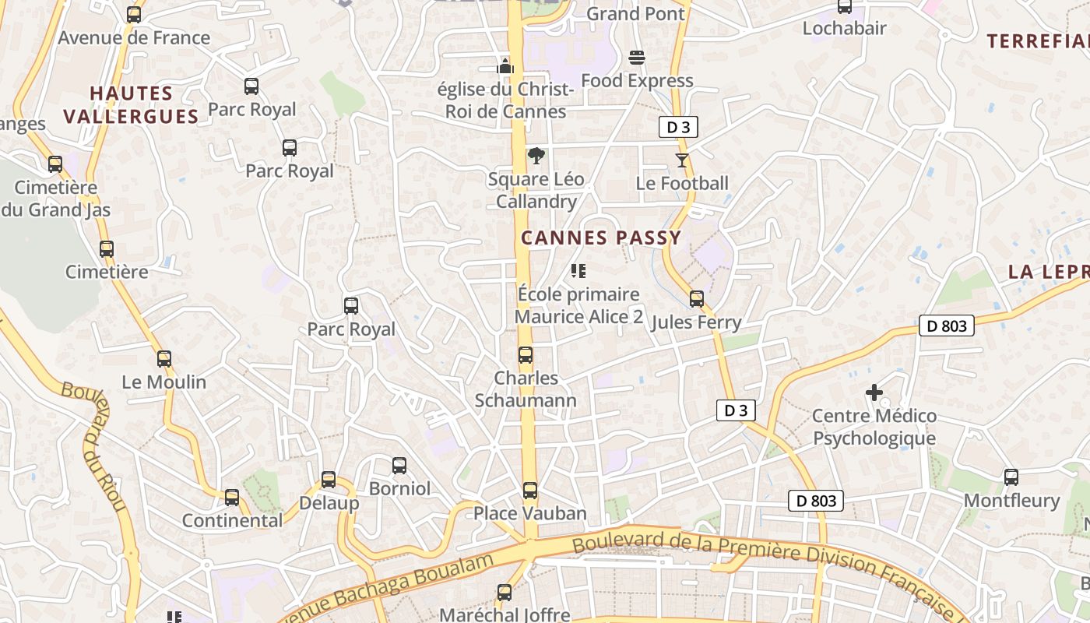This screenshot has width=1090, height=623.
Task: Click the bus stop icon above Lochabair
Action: click(845, 6)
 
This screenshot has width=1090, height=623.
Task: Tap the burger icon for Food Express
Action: click(637, 58)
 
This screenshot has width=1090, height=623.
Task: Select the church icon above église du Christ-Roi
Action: click(506, 66)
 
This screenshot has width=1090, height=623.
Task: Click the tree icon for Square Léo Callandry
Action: click(536, 157)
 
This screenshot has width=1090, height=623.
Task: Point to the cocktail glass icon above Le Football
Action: click(682, 160)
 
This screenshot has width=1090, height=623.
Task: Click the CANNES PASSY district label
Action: click(601, 238)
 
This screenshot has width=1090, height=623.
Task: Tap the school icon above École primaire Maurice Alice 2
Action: click(578, 271)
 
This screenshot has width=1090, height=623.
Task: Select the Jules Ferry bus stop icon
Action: click(697, 299)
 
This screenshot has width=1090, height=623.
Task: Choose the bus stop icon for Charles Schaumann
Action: click(526, 355)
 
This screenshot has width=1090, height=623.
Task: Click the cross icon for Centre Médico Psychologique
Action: click(874, 392)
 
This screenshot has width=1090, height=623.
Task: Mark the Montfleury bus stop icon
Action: click(1011, 477)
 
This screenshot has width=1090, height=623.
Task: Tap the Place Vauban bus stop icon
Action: click(530, 491)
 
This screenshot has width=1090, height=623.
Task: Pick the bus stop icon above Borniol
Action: click(399, 466)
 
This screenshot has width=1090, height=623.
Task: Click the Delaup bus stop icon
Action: click(329, 480)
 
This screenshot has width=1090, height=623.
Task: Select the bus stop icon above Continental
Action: click(232, 498)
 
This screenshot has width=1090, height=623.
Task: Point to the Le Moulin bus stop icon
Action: click(164, 359)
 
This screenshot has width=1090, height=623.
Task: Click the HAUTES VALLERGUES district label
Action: click(131, 105)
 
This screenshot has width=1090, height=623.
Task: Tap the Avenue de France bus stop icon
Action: click(134, 14)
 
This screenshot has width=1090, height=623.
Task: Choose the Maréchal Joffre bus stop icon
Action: click(505, 593)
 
